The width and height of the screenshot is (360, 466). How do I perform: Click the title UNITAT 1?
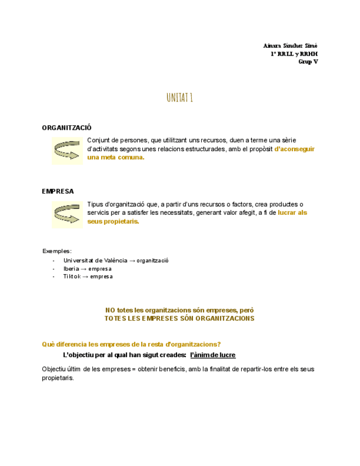(x=179, y=98)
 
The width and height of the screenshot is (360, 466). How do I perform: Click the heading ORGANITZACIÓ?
(x=67, y=127)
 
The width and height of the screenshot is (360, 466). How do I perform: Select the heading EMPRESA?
(x=58, y=191)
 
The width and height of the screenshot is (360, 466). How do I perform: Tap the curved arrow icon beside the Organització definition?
(x=67, y=150)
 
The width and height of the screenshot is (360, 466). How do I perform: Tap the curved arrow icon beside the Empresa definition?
(x=67, y=214)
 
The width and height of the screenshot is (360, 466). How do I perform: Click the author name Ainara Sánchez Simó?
(x=290, y=45)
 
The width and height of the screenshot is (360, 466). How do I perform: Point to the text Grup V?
(x=308, y=62)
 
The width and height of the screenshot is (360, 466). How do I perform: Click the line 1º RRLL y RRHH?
(x=293, y=53)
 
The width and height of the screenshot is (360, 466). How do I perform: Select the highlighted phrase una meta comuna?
(x=115, y=158)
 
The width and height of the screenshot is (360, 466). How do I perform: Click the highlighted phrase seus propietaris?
(x=113, y=221)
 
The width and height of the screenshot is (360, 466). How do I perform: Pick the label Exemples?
(x=57, y=251)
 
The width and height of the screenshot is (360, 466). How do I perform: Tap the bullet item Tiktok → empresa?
(x=87, y=276)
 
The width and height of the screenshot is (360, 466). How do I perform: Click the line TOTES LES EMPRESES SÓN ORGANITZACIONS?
(x=179, y=318)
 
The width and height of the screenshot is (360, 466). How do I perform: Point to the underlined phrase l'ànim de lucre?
(x=212, y=354)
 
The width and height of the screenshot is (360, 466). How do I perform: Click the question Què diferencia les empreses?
(x=131, y=344)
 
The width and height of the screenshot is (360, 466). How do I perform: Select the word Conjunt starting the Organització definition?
(x=98, y=141)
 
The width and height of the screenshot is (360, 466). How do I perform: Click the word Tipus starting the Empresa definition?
(x=96, y=204)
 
